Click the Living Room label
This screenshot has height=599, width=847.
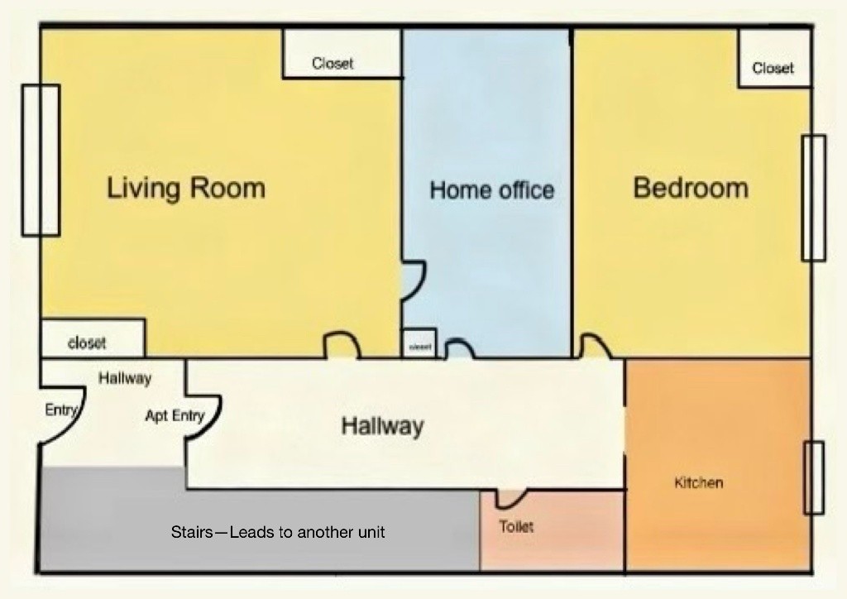point(186,188)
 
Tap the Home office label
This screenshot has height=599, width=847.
point(491,190)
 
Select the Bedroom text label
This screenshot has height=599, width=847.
point(691,188)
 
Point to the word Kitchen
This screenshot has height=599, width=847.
point(698,482)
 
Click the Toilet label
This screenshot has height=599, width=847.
point(516,526)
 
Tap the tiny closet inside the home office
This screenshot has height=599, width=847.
point(419,343)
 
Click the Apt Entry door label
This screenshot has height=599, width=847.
point(175,415)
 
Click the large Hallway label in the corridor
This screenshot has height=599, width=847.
point(382,426)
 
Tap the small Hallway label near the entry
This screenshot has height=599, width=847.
point(125,379)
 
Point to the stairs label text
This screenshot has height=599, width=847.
point(278,532)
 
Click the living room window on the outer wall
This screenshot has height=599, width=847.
point(41,160)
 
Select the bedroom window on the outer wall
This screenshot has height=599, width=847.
point(813,198)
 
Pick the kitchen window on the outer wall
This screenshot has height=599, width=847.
point(814,477)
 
